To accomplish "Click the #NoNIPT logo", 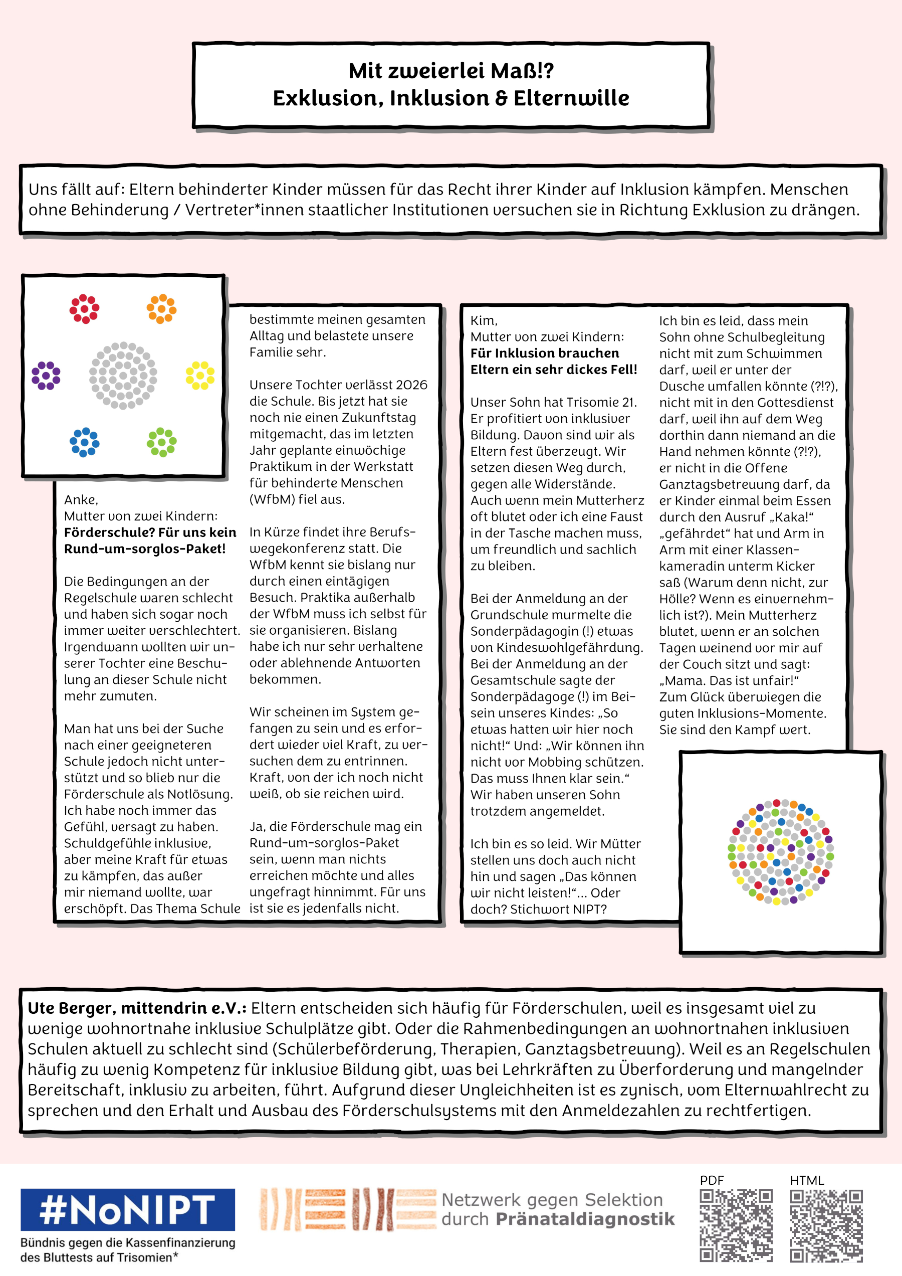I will point(127,1209).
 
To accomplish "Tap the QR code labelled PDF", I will point(736,1226).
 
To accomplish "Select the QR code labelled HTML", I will point(826,1226).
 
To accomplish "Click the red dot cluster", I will point(84,308).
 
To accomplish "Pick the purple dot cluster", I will point(46,376).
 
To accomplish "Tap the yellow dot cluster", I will point(200,375).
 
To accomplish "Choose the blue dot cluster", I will point(84,442).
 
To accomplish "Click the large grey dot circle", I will point(123,376).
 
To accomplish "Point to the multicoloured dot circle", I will point(780,852).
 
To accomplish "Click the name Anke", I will point(81,499).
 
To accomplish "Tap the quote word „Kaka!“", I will point(790,517).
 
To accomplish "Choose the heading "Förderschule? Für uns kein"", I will point(150,532).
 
